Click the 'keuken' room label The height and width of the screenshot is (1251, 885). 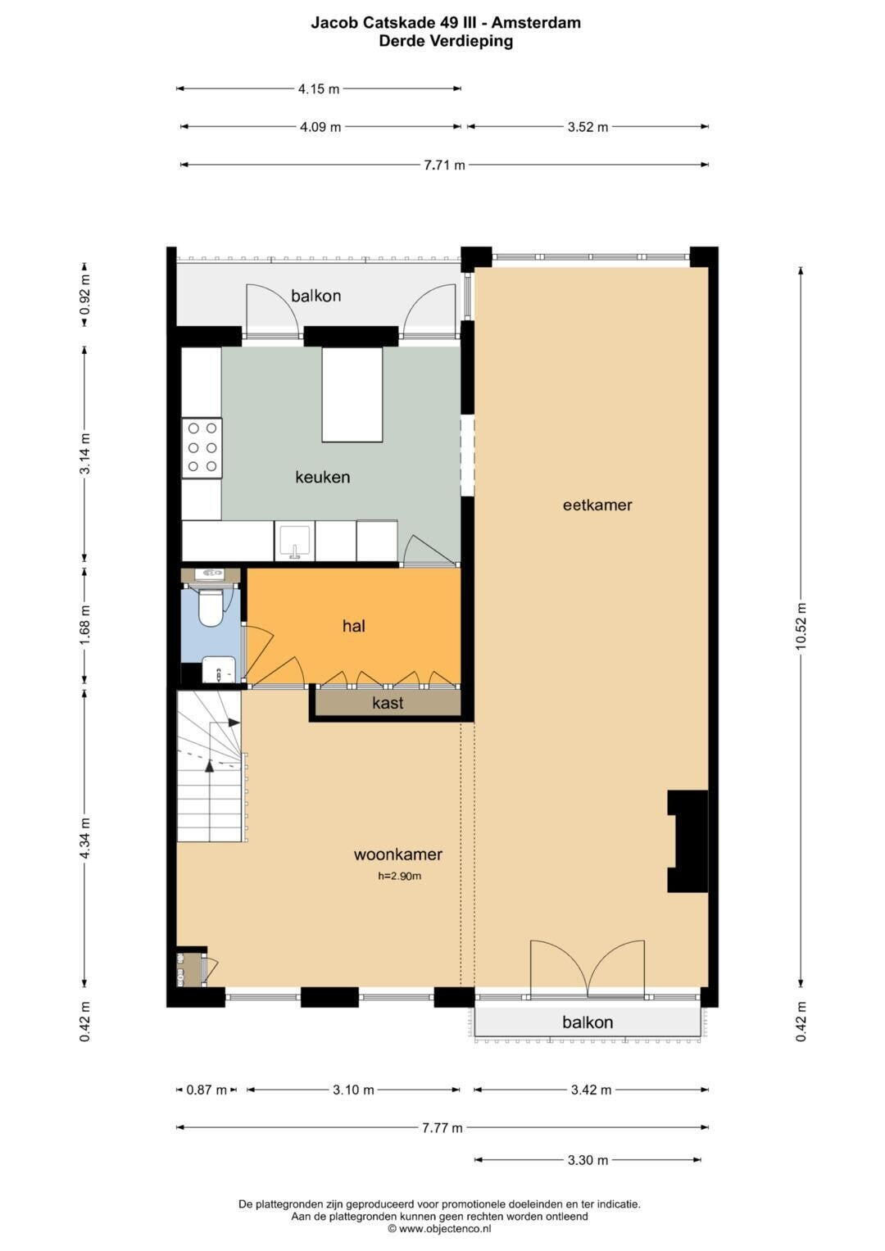(x=322, y=477)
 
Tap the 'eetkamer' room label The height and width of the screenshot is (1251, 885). (x=597, y=505)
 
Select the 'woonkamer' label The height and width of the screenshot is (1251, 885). (x=397, y=854)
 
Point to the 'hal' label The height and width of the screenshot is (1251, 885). (x=354, y=626)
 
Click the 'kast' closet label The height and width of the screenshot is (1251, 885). (x=388, y=703)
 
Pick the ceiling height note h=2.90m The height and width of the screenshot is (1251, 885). (x=400, y=877)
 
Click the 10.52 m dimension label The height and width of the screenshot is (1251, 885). (x=801, y=627)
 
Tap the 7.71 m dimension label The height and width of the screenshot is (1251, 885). (x=444, y=165)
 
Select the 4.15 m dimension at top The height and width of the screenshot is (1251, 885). (x=319, y=88)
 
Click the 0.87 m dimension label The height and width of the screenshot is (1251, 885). (x=206, y=1090)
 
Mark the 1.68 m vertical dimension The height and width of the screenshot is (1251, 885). (x=85, y=626)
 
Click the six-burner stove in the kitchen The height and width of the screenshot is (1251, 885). (x=202, y=448)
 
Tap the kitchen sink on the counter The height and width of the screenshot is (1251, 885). (x=294, y=542)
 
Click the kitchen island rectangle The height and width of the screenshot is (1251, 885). (x=352, y=395)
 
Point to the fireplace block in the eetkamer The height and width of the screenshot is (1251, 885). (x=688, y=841)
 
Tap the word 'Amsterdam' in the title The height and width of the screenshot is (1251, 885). (x=536, y=23)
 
